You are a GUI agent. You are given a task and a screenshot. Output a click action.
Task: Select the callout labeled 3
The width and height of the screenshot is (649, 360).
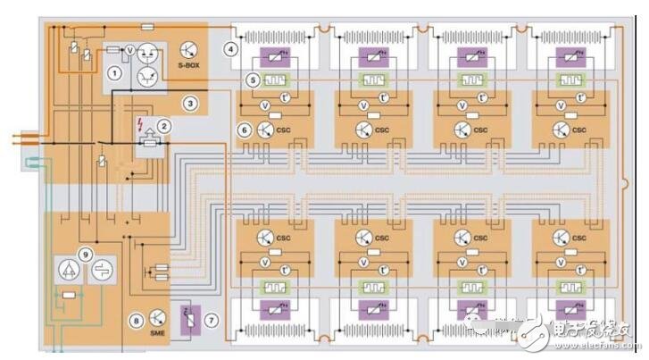[x=190, y=103]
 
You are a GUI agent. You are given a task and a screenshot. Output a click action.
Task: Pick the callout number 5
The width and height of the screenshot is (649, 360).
[x=254, y=80]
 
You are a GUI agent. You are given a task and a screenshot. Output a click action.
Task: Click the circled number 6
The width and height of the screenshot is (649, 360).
[x=244, y=129]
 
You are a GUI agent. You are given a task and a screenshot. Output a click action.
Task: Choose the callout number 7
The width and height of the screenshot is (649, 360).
[x=211, y=319]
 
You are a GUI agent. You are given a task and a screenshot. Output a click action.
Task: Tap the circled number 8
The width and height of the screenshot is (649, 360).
[x=136, y=320]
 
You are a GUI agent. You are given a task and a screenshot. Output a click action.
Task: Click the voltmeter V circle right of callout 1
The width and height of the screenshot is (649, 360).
[x=129, y=51]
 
